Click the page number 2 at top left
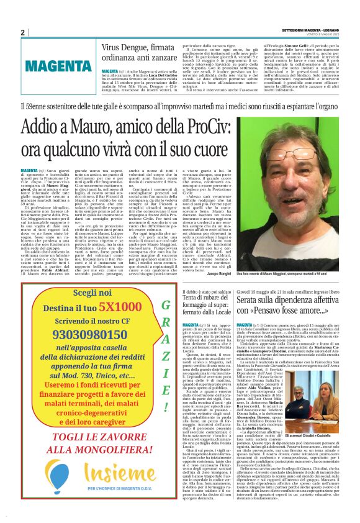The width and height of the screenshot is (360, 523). tap(22, 32)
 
